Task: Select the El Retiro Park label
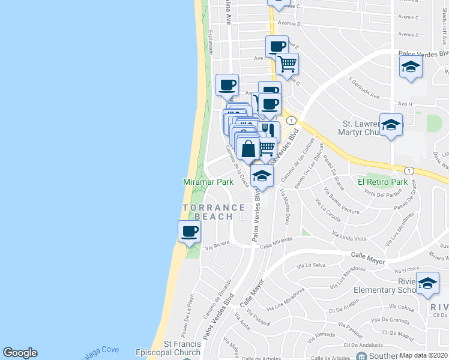(382, 181)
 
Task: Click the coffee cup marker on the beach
(190, 231)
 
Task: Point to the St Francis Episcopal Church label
(183, 349)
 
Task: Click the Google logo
(20, 353)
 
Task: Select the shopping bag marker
(248, 148)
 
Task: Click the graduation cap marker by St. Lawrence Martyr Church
(391, 125)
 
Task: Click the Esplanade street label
(210, 42)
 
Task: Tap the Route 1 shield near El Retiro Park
(409, 170)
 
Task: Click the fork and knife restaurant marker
(268, 130)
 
